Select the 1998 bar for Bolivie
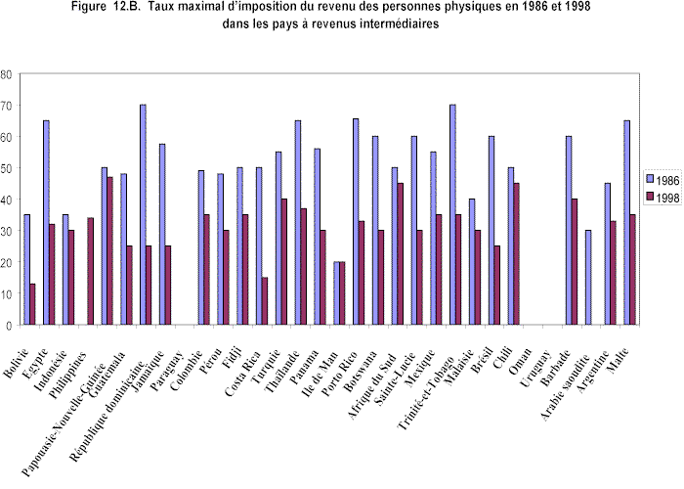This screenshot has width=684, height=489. pyautogui.click(x=33, y=304)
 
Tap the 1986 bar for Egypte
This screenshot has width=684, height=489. pyautogui.click(x=46, y=222)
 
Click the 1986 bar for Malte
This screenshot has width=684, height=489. pyautogui.click(x=625, y=222)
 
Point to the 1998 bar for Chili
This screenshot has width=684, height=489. pyautogui.click(x=517, y=253)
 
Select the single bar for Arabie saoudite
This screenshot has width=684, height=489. pyautogui.click(x=587, y=277)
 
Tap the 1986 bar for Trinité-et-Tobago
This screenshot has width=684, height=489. pyautogui.click(x=452, y=214)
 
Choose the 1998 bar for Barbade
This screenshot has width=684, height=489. pyautogui.click(x=575, y=261)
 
